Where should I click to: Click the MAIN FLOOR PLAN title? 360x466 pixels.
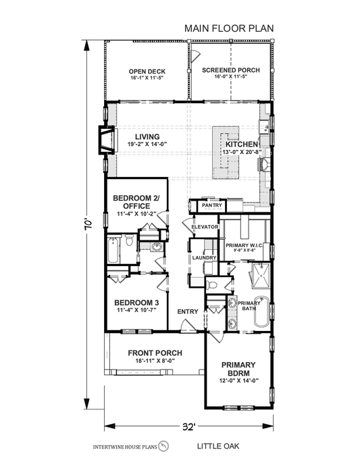pos(228,29)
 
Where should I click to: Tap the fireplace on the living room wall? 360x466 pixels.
pos(105,139)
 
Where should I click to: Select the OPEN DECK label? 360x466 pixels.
pos(147,72)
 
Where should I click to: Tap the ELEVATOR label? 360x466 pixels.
pos(205,227)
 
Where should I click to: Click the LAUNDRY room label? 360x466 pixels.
pos(203,258)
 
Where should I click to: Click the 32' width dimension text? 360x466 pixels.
pos(188,426)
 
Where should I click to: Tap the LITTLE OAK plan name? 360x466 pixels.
pos(219,446)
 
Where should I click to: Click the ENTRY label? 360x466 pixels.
pos(187,311)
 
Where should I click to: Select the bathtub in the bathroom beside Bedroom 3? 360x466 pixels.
pos(113,251)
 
